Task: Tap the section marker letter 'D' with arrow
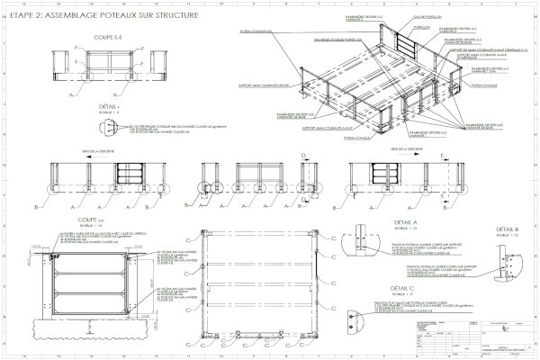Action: point(304,156)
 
